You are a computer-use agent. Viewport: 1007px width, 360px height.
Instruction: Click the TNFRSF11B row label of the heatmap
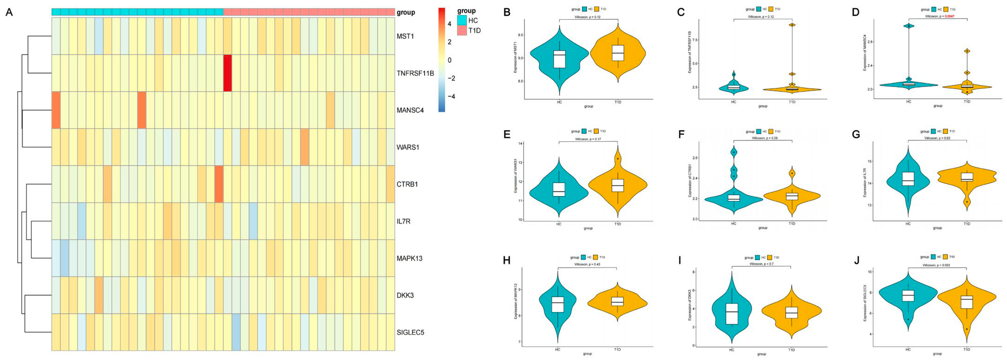415,73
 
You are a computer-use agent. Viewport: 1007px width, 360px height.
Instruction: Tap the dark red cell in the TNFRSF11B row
227,73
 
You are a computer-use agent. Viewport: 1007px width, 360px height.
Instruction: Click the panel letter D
856,12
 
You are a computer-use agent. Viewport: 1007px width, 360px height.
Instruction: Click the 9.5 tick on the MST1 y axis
521,35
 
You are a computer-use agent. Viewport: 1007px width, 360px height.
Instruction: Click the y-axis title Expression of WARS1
515,175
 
